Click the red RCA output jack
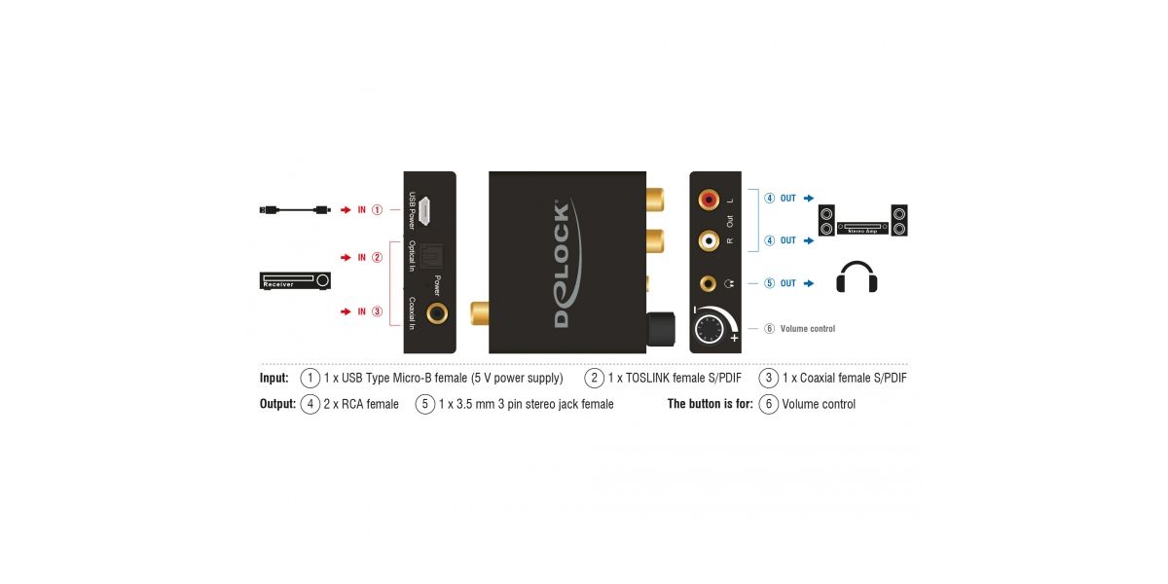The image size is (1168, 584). [x=709, y=199]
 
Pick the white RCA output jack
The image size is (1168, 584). [x=709, y=239]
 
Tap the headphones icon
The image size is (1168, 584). [x=858, y=277]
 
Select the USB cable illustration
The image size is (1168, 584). [x=296, y=209]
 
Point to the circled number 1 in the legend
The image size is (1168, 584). [x=310, y=378]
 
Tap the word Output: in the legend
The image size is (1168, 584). [x=277, y=404]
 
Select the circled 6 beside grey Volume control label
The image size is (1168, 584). [x=769, y=329]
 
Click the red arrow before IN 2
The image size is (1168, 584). [x=345, y=257]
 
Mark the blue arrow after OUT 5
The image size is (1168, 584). [x=808, y=283]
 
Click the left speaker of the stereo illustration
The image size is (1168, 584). [x=827, y=220]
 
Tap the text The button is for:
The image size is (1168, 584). [x=710, y=404]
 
